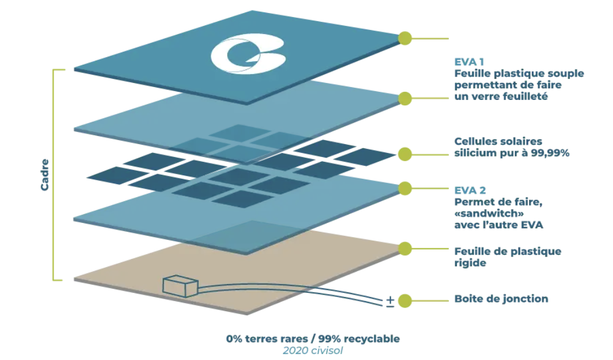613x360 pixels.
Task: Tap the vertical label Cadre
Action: point(45,174)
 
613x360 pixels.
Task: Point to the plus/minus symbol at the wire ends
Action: point(390,302)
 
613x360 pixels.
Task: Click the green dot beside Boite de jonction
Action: point(404,301)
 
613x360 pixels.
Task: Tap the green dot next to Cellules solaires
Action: point(404,155)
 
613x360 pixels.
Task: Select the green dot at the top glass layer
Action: point(404,39)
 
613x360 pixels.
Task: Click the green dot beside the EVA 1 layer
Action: point(404,98)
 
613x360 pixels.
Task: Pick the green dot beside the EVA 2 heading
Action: point(404,188)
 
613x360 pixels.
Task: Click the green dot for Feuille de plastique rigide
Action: point(404,248)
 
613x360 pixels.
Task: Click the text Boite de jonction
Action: point(501,299)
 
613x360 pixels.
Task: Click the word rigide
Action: point(470,263)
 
